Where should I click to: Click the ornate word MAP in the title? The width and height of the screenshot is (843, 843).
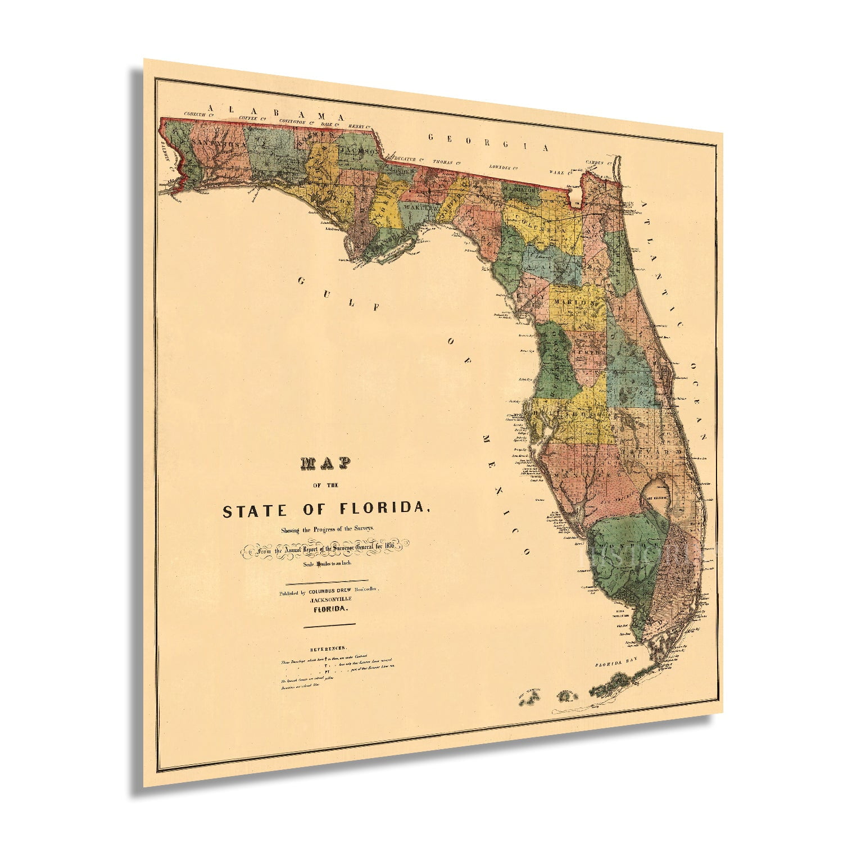[x=326, y=463]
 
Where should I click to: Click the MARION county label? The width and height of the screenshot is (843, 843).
[x=574, y=303]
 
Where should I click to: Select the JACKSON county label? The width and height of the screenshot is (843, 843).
[x=360, y=151]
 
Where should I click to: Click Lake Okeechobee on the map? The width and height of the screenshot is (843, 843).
[x=655, y=496]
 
